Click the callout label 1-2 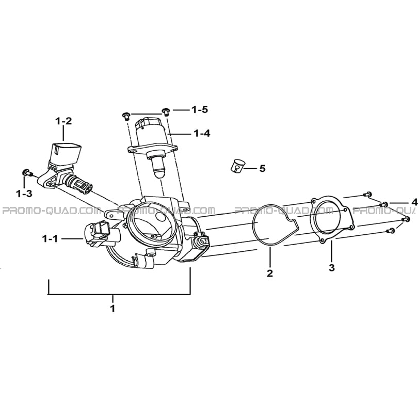point(63,121)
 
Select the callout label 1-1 point(50,239)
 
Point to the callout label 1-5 point(200,109)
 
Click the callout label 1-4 point(202,133)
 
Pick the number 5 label point(263,168)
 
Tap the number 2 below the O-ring point(270,273)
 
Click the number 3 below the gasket point(332,268)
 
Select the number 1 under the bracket point(113,308)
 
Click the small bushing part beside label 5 point(237,166)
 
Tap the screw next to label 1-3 point(27,172)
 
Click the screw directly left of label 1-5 point(126,116)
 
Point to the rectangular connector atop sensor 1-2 point(66,153)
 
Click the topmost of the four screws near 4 point(367,194)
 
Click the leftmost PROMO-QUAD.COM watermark point(51,211)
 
